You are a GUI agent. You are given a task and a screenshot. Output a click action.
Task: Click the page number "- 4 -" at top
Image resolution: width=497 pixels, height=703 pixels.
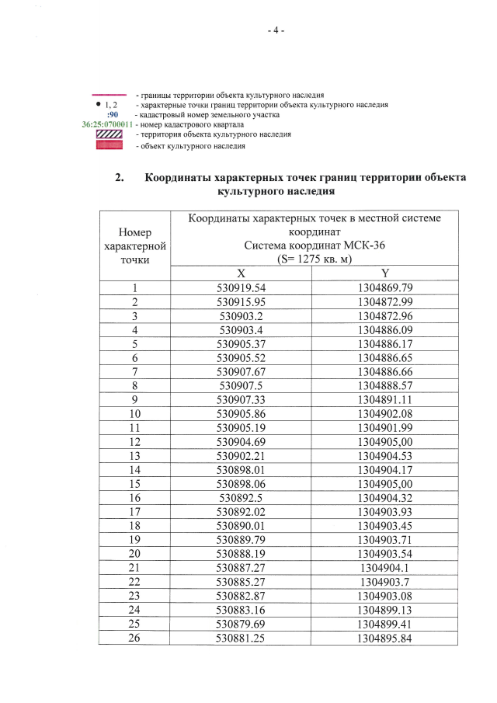276,30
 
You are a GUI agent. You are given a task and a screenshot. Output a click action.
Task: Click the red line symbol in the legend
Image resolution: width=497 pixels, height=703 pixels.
109,95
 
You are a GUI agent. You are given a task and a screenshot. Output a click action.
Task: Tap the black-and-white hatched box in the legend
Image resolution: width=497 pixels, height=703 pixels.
109,135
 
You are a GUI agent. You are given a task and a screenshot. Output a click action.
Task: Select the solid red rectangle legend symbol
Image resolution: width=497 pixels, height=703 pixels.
109,145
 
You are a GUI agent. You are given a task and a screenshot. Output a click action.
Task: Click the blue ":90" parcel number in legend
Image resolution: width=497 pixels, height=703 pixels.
112,115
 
